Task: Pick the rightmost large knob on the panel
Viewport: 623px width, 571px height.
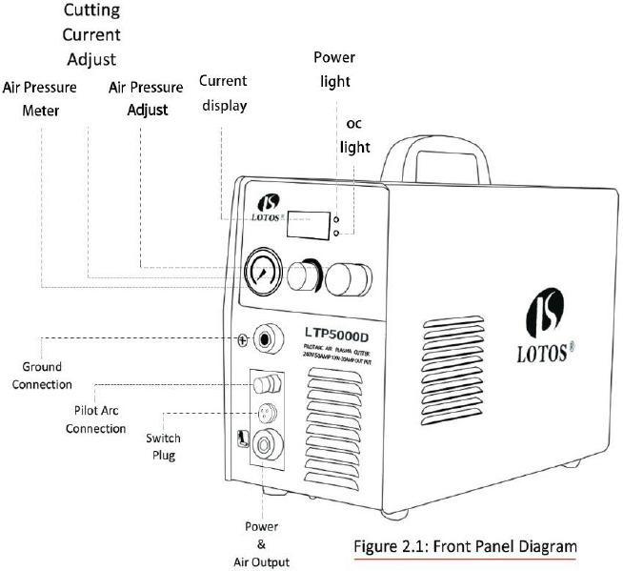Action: [x=345, y=278]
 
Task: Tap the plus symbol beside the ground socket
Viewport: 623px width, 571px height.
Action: [x=243, y=340]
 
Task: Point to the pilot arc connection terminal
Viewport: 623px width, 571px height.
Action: [x=268, y=384]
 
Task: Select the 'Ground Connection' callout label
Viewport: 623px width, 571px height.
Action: [x=48, y=376]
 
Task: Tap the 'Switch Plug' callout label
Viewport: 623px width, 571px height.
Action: [x=163, y=446]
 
